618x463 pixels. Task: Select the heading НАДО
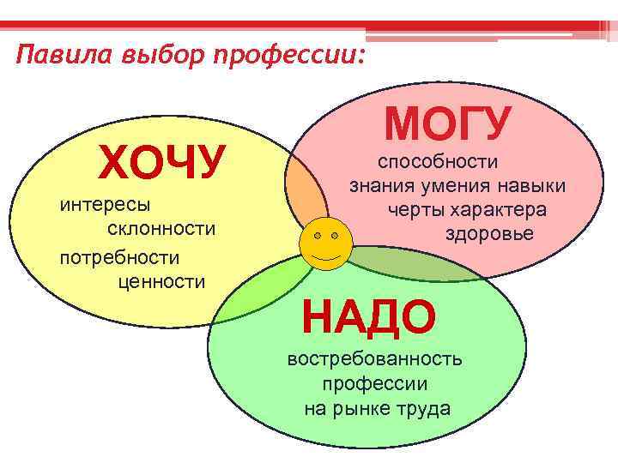tap(369, 318)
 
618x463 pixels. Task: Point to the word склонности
tap(161, 229)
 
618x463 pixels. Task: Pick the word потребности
tap(119, 256)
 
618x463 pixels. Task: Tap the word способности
tap(438, 161)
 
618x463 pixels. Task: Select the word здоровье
tap(489, 233)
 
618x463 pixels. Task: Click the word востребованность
tap(375, 358)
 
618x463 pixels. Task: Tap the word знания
tap(379, 185)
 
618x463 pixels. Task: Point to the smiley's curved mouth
tap(325, 256)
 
